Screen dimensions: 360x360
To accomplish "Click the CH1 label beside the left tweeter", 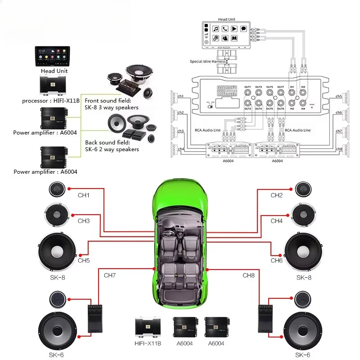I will pyautogui.click(x=84, y=195).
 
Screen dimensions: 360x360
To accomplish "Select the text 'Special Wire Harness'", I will pyautogui.click(x=209, y=62).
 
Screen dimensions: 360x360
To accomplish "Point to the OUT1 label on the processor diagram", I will pyautogui.click(x=247, y=87).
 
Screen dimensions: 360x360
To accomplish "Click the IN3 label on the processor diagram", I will pyautogui.click(x=303, y=87).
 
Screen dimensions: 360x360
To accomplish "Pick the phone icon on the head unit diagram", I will pyautogui.click(x=225, y=29).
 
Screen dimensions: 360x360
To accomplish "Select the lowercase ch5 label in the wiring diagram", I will pyautogui.click(x=339, y=96).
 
